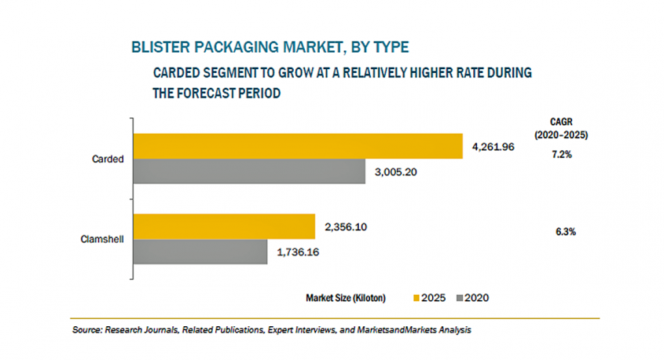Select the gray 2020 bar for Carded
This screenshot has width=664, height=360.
pos(249,171)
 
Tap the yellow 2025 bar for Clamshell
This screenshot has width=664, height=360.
pos(224,226)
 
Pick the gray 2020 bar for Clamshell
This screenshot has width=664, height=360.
pos(200,252)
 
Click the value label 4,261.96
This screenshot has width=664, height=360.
pos(493,147)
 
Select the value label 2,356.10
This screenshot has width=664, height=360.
pos(346,227)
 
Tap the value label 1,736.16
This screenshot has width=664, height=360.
pos(298,252)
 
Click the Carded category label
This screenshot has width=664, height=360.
pos(107,159)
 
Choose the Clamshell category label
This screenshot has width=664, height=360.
pos(101,239)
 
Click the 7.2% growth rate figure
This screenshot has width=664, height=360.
pos(562,155)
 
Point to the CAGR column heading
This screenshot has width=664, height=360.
pos(562,120)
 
